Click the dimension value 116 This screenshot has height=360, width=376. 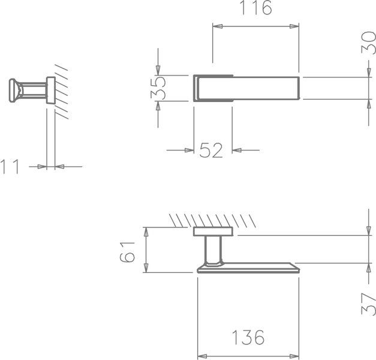pyautogui.click(x=255, y=7)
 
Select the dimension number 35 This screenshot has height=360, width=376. pyautogui.click(x=158, y=88)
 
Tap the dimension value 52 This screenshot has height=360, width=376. pyautogui.click(x=211, y=151)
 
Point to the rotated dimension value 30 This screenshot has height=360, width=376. pyautogui.click(x=368, y=43)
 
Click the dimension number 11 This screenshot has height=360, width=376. pyautogui.click(x=10, y=167)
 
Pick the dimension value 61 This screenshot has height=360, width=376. pyautogui.click(x=127, y=252)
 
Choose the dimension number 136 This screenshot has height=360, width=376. pyautogui.click(x=248, y=337)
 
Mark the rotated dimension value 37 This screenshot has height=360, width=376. pyautogui.click(x=369, y=304)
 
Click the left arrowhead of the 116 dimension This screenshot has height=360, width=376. pyautogui.click(x=218, y=26)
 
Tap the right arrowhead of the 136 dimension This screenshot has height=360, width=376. pyautogui.click(x=294, y=356)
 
